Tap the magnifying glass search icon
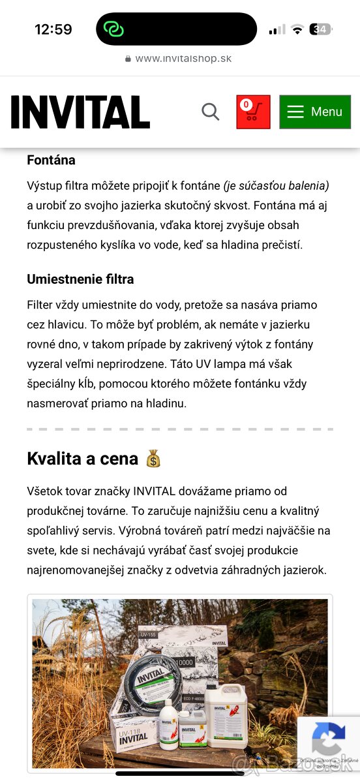point(210,112)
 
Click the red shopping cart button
point(253,112)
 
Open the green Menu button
point(315,112)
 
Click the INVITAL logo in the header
point(80,112)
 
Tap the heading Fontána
point(51,160)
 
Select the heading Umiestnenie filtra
point(80,279)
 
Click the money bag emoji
point(153,459)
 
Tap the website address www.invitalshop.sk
point(183,58)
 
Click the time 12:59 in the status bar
point(53,29)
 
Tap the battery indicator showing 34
point(321,29)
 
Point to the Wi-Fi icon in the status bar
point(297,29)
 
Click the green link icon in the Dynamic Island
point(114,29)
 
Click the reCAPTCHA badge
point(329,740)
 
